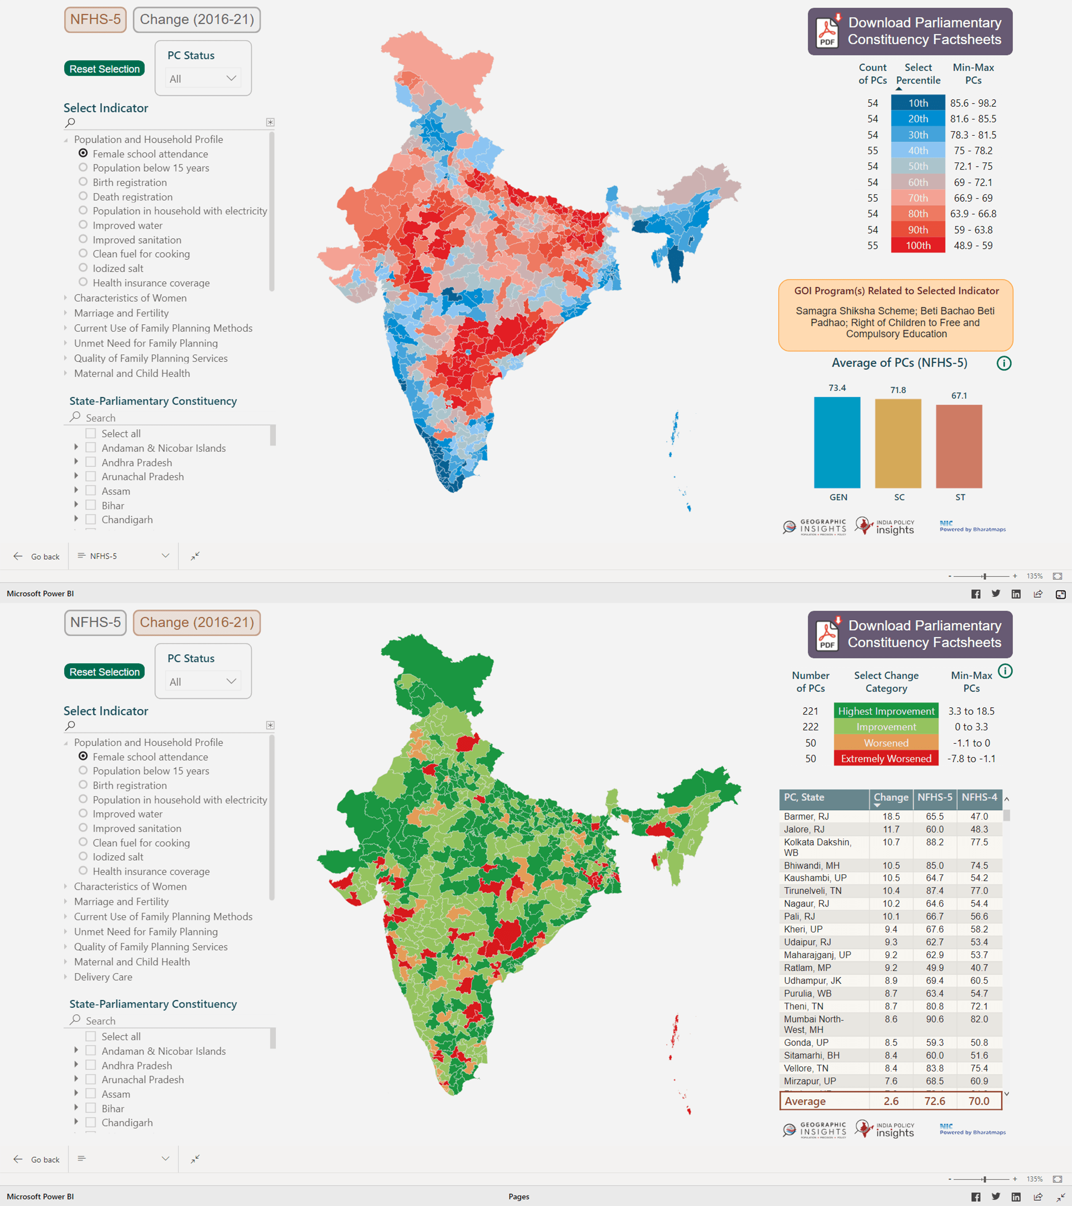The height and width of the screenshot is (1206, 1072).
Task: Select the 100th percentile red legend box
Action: (x=917, y=246)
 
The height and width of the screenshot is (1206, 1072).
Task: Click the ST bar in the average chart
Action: (x=959, y=446)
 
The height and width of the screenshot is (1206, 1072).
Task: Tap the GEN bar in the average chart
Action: (x=837, y=442)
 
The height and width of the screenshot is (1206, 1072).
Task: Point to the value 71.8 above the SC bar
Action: (x=898, y=390)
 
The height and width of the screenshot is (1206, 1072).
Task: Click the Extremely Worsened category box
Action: (x=886, y=759)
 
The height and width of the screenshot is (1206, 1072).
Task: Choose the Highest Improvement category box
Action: (x=886, y=711)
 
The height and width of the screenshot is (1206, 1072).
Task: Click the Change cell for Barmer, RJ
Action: (x=891, y=817)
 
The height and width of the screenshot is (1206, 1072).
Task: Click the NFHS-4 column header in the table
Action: (x=979, y=797)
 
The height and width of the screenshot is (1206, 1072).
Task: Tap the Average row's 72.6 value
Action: (x=935, y=1101)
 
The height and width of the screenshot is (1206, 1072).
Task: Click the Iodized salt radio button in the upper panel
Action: (x=83, y=268)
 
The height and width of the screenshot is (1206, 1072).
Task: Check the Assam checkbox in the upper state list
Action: (x=91, y=490)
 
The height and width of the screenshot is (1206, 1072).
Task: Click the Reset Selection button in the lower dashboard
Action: (x=104, y=672)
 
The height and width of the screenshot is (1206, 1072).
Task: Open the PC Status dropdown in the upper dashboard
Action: (x=202, y=79)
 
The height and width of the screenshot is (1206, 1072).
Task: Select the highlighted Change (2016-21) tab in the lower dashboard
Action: (x=196, y=622)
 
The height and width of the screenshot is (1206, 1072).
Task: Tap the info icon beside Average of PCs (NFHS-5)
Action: (x=1003, y=363)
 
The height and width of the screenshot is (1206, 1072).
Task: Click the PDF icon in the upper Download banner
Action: (x=827, y=32)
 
